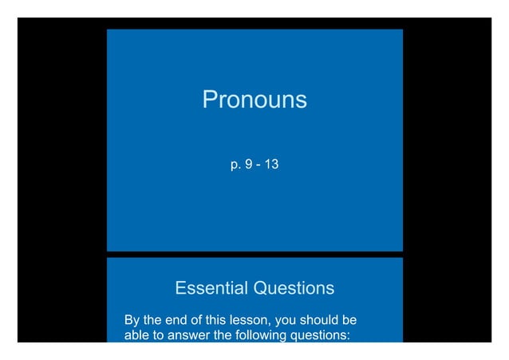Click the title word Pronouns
(254, 100)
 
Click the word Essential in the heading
(210, 287)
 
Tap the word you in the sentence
(286, 321)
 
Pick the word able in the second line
(137, 335)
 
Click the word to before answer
(160, 335)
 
